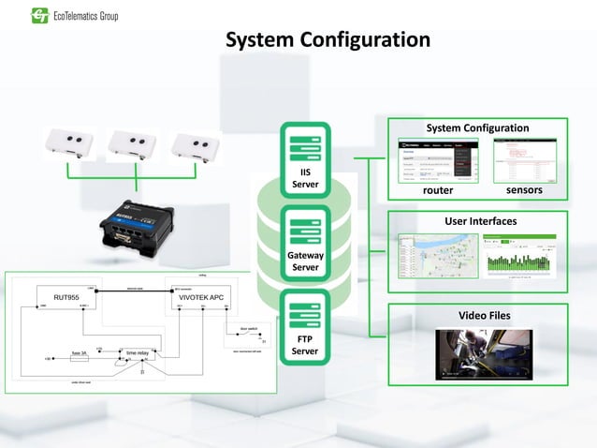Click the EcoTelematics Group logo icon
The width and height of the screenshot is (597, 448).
[x=39, y=15]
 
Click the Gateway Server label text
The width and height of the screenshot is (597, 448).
[x=305, y=261]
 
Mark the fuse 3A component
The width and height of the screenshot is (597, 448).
[x=80, y=354]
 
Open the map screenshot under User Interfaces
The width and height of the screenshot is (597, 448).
[x=437, y=255]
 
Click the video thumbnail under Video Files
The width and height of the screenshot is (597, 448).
[x=484, y=353]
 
